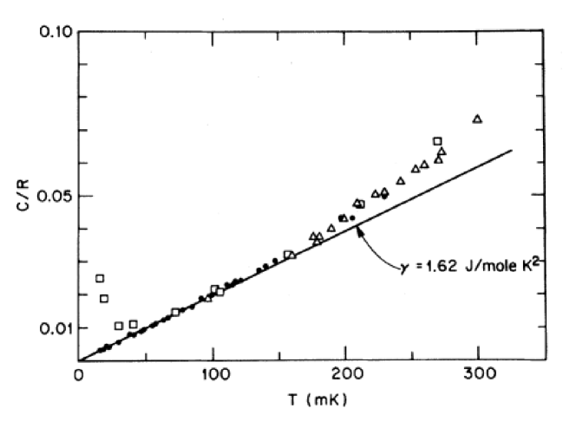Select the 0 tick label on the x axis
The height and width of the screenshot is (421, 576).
click(79, 375)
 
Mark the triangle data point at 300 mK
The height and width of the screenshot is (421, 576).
click(477, 119)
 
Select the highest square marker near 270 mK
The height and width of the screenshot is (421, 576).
click(438, 141)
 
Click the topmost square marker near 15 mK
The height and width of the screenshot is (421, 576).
click(100, 278)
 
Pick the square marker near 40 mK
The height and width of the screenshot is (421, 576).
click(133, 324)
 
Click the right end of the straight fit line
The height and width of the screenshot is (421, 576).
click(512, 150)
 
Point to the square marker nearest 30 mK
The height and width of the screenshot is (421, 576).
click(119, 326)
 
